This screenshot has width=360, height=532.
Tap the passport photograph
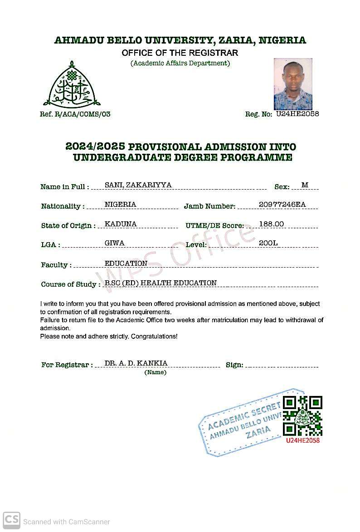293,84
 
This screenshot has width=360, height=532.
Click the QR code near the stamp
302,416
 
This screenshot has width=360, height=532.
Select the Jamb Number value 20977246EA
282,205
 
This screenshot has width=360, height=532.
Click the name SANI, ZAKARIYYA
138,185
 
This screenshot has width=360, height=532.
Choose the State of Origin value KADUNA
121,224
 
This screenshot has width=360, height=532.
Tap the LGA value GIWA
114,243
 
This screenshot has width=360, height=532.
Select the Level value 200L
268,243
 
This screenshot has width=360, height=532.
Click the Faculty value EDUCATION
126,264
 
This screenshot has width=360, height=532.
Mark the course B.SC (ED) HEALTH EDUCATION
161,283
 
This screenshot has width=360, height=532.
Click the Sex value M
305,185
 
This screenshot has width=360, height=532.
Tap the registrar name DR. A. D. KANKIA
136,363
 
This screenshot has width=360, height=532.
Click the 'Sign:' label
234,365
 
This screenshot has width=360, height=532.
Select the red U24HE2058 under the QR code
302,440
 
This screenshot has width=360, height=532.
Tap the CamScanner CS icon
11,520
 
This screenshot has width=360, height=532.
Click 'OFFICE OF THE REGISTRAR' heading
180,53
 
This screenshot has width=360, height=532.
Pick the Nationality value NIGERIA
120,205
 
